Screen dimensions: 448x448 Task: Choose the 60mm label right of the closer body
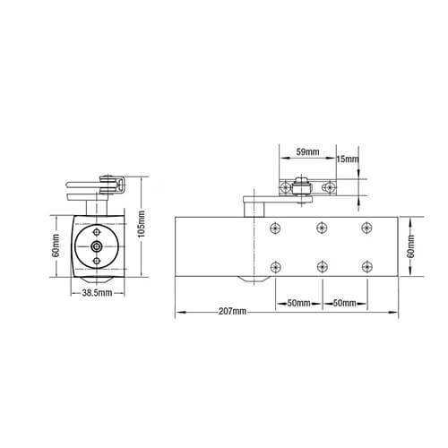(x=412, y=243)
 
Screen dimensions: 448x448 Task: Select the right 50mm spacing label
(x=344, y=303)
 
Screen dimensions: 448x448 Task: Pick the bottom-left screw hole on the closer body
(x=275, y=265)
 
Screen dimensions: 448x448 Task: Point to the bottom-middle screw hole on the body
(x=320, y=265)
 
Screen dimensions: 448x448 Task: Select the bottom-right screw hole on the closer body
(x=366, y=265)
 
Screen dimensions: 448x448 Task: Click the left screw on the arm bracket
(x=286, y=188)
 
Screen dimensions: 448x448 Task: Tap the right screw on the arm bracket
(x=331, y=188)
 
